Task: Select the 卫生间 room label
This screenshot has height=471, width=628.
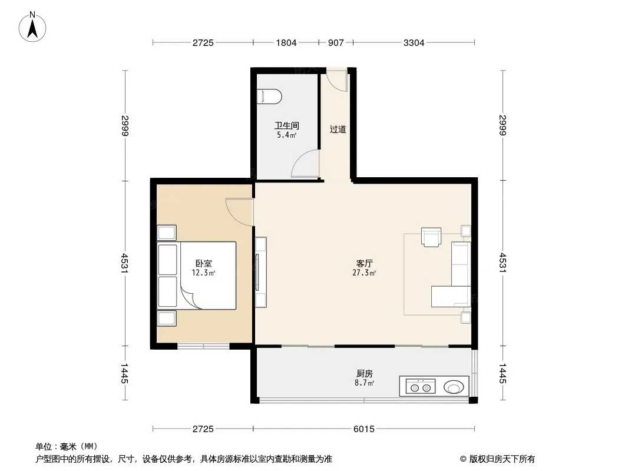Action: tap(287, 125)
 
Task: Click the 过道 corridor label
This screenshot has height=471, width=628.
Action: tap(338, 130)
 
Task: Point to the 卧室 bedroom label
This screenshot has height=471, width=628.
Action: tap(203, 263)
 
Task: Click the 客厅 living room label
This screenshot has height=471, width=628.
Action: tap(365, 263)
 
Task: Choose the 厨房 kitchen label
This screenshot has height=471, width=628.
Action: tap(365, 373)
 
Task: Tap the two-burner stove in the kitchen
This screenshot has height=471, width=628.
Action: tap(421, 387)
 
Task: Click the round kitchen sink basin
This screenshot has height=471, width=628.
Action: tap(454, 387)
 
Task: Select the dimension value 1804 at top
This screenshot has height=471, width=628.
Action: tap(286, 42)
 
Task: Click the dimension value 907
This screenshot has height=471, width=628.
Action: tap(336, 42)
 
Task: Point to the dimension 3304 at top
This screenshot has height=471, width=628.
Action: tap(414, 42)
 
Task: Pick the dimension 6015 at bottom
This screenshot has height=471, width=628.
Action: tap(364, 429)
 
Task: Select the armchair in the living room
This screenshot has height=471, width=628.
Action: tap(431, 237)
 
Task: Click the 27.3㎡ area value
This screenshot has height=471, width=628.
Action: tap(364, 273)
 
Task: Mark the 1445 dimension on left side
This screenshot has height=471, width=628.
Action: tap(124, 373)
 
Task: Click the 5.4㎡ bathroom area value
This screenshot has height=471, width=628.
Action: tap(286, 135)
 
